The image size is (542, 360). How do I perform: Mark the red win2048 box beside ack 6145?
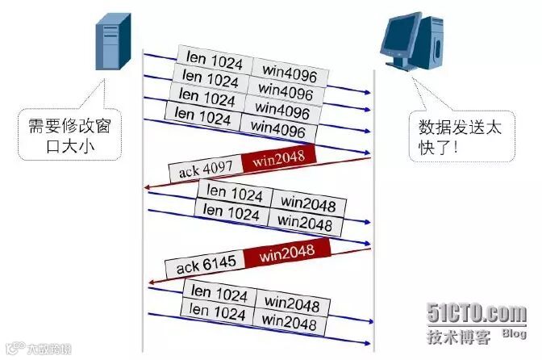click(294, 254)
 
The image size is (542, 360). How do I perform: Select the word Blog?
click(514, 333)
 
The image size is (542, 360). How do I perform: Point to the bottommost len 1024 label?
click(217, 311)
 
